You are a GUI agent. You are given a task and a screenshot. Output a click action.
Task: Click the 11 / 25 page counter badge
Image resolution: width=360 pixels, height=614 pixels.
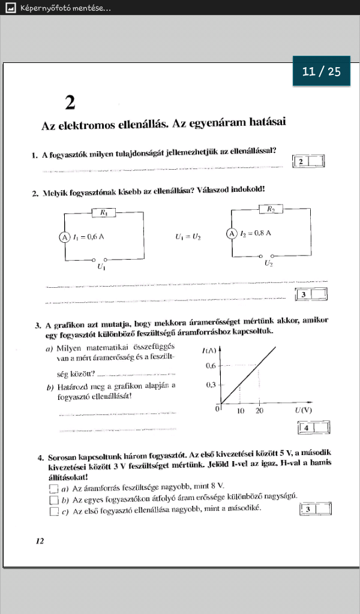[322, 71]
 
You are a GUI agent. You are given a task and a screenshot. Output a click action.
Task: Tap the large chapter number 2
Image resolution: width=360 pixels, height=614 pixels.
[70, 104]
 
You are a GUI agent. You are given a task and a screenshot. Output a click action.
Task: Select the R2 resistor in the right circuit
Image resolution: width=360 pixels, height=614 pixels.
[271, 209]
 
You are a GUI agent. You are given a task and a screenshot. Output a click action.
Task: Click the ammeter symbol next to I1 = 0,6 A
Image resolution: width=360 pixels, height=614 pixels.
[64, 237]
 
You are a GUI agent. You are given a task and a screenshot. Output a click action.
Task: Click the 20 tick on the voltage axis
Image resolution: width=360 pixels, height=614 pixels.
[259, 411]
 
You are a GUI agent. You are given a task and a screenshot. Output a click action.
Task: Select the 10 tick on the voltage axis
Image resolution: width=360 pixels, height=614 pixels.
[240, 411]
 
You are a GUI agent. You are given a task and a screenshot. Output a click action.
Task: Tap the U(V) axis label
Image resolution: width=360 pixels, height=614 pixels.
[303, 411]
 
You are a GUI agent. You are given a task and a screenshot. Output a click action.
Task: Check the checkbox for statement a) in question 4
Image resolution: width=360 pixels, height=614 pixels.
[54, 489]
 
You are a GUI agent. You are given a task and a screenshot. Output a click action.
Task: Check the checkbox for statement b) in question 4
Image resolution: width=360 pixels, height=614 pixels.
[54, 500]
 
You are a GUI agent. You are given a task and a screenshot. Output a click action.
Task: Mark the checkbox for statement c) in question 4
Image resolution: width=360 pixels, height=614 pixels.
[54, 511]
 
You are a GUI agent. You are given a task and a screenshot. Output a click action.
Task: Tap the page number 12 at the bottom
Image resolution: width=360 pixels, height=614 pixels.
[40, 541]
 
